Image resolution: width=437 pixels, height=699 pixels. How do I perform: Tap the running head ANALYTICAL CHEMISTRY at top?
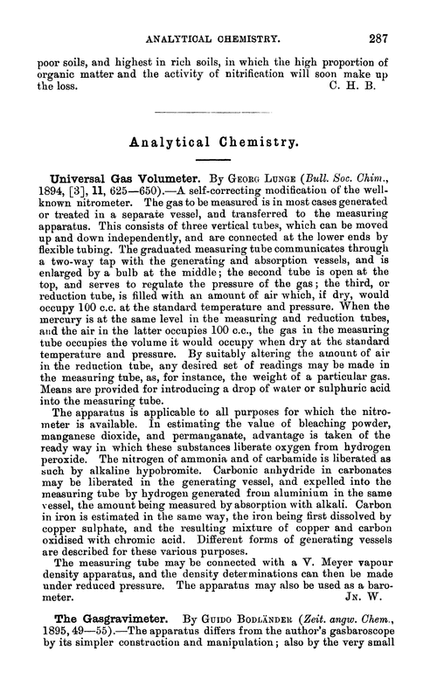pos(218,15)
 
